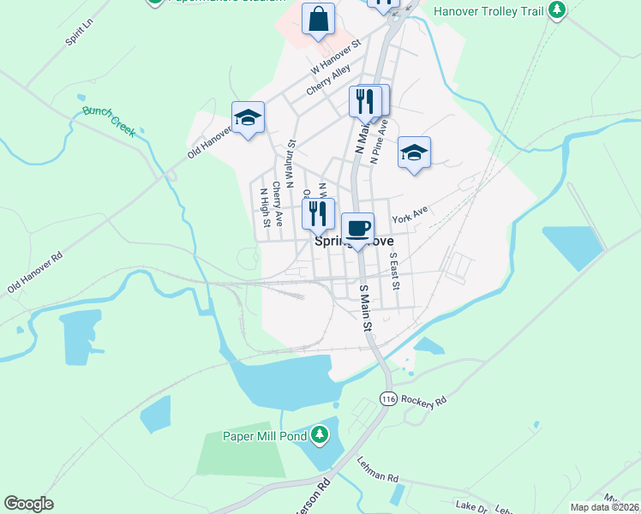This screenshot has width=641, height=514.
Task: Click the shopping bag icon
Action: tap(318, 19)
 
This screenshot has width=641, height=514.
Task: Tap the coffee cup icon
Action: tap(357, 229)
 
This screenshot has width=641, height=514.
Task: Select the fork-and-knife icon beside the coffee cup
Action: tap(318, 213)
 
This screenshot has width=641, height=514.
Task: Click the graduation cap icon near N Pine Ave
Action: tap(414, 153)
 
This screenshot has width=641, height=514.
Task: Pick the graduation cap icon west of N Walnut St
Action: tap(248, 118)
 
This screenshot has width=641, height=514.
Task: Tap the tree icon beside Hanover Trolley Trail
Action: tap(558, 10)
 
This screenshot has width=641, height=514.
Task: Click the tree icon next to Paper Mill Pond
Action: tap(320, 435)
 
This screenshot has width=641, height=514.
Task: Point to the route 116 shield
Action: tap(387, 400)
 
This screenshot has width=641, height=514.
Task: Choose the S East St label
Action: tap(394, 271)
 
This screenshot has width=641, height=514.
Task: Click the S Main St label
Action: tap(366, 308)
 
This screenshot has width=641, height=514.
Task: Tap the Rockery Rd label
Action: tap(424, 400)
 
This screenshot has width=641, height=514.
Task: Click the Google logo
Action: tap(28, 504)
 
